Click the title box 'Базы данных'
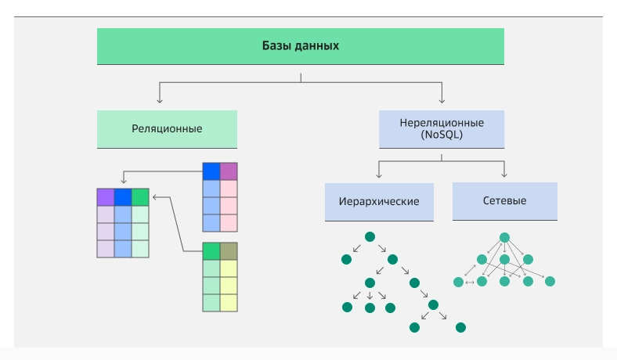(x=300, y=46)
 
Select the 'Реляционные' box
(x=167, y=128)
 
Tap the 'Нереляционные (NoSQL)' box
(x=442, y=128)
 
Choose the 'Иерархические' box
(x=379, y=201)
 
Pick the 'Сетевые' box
(x=504, y=201)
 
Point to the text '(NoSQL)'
(x=442, y=135)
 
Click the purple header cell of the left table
(x=106, y=196)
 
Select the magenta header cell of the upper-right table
(x=228, y=171)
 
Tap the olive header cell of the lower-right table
(x=228, y=251)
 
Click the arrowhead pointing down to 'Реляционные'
(x=160, y=100)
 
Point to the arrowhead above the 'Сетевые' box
(x=504, y=173)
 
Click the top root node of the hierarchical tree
(x=370, y=236)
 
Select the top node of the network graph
(x=505, y=237)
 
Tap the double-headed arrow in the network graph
(x=469, y=282)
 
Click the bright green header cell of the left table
(x=140, y=196)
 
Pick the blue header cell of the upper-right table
(x=211, y=171)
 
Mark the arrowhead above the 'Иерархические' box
(x=379, y=173)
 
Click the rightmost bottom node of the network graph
(x=550, y=282)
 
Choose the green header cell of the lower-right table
(x=211, y=251)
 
